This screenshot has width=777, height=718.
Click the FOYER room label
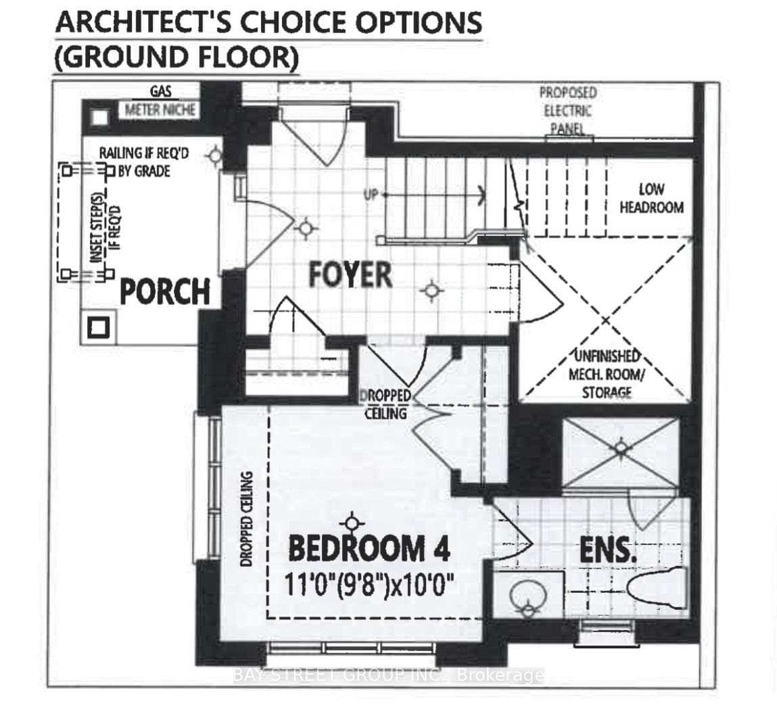pyautogui.click(x=350, y=275)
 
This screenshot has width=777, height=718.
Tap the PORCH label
pyautogui.click(x=165, y=291)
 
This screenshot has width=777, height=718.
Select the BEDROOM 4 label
pyautogui.click(x=369, y=548)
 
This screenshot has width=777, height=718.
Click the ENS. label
pyautogui.click(x=607, y=550)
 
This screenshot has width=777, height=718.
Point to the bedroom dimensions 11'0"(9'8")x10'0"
pyautogui.click(x=369, y=585)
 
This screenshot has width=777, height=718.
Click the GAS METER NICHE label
pyautogui.click(x=160, y=101)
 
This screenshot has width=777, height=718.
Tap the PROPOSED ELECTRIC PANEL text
pyautogui.click(x=568, y=111)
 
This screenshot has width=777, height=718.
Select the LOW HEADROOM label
pyautogui.click(x=652, y=198)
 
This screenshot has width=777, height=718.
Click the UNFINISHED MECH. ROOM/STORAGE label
pyautogui.click(x=607, y=374)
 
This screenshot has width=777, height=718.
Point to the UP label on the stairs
pyautogui.click(x=371, y=195)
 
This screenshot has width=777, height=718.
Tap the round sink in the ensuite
pyautogui.click(x=529, y=595)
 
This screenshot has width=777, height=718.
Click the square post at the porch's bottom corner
pyautogui.click(x=98, y=327)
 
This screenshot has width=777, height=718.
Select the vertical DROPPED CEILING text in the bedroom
pyautogui.click(x=246, y=519)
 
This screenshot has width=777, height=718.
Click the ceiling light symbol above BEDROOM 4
pyautogui.click(x=352, y=523)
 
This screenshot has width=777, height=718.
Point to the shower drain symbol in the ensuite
pyautogui.click(x=621, y=448)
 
